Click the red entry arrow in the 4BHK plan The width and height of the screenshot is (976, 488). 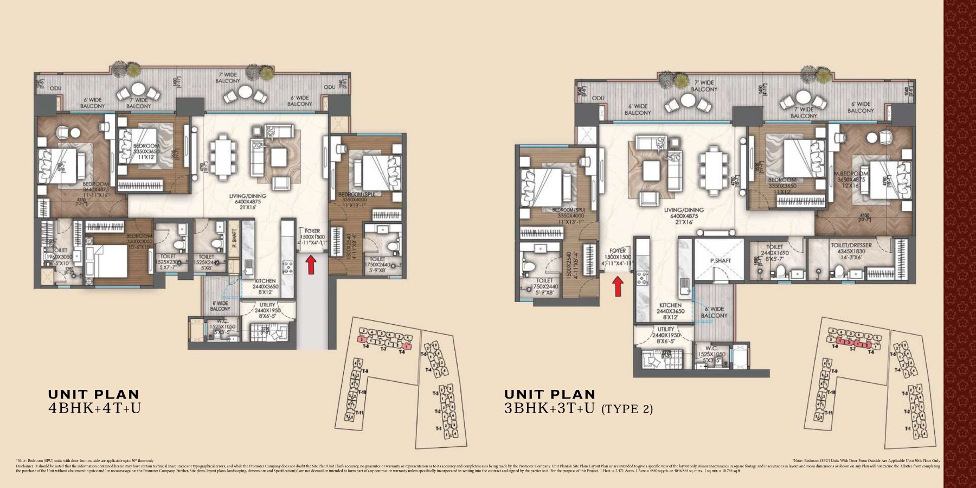point(311,265)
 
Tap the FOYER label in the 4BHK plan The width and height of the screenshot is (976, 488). point(312,230)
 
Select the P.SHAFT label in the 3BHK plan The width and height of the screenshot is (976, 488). point(721,261)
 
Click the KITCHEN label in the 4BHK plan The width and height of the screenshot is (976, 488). point(266,281)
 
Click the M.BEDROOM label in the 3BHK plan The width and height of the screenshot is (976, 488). point(868,174)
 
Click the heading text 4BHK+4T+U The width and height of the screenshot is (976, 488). point(94,408)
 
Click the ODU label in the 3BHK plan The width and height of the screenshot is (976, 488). point(598,98)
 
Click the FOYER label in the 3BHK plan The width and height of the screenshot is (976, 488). point(618,251)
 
